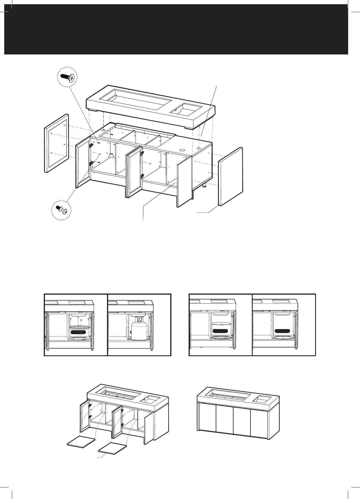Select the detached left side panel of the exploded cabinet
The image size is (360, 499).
click(56, 143)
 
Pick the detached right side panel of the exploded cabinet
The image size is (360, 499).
click(231, 176)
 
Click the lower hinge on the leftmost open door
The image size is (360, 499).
click(91, 163)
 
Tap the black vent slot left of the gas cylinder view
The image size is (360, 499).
click(79, 332)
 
